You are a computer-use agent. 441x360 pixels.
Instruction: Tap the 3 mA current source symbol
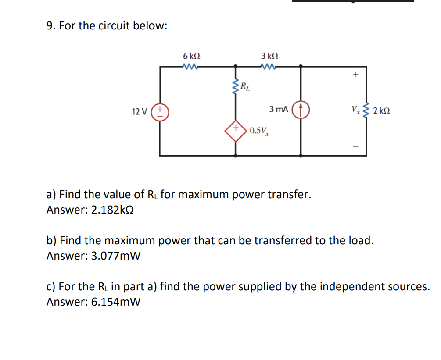(301, 110)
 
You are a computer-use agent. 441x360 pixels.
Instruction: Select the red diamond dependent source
(236, 130)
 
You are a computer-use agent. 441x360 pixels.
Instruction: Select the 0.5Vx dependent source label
(259, 131)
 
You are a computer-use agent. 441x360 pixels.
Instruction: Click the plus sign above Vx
(355, 75)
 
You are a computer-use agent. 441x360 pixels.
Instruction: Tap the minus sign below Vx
(355, 146)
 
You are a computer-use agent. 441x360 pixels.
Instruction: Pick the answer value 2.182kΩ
(112, 210)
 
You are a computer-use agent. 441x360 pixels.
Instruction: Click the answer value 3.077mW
(115, 256)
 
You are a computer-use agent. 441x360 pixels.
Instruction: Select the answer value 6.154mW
(115, 302)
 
